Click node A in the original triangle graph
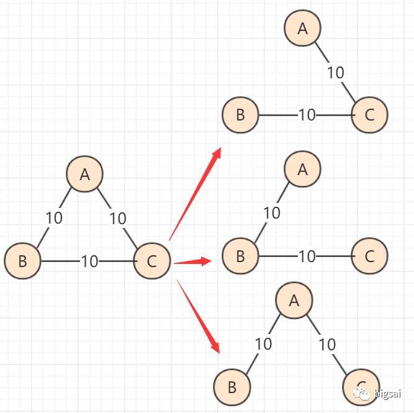(x=85, y=175)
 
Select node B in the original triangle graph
(x=22, y=261)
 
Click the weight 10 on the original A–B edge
(x=54, y=218)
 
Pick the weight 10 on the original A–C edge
(x=117, y=219)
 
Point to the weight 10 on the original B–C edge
(x=89, y=261)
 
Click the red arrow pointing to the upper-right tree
(x=196, y=193)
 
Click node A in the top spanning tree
(x=303, y=28)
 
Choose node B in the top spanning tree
(x=240, y=115)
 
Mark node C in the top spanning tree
(x=369, y=115)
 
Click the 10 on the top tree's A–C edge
(x=335, y=73)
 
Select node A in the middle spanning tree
(x=303, y=169)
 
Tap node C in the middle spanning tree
(x=369, y=255)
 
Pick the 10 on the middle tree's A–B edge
(x=272, y=213)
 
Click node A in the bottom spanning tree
(x=294, y=300)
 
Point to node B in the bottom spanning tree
(x=232, y=387)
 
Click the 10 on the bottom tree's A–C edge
(x=326, y=343)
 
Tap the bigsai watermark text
(x=388, y=394)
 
